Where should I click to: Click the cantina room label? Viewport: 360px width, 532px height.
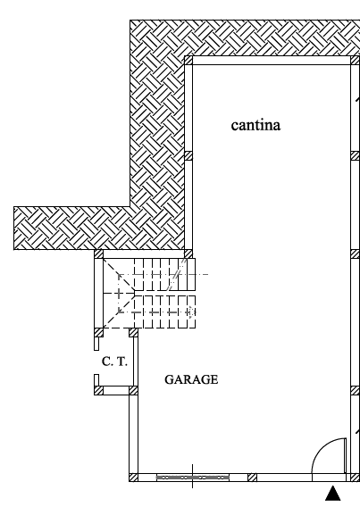255,125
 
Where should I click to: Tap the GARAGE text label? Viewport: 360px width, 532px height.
191,379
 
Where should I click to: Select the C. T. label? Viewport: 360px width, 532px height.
114,362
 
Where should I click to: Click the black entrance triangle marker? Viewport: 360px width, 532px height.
333,494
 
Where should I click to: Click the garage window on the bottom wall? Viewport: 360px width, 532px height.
193,478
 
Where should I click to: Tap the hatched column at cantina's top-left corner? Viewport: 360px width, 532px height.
188,61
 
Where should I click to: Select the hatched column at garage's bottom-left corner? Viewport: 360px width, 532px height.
134,478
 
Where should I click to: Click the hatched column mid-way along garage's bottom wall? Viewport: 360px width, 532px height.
252,478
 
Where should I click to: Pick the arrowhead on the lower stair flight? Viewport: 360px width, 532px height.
192,312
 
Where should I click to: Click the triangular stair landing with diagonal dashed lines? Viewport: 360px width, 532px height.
119,294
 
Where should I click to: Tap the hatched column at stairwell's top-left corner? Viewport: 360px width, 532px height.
98,254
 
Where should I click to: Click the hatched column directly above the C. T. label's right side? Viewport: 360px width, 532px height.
133,332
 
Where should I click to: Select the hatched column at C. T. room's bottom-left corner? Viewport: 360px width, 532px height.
98,390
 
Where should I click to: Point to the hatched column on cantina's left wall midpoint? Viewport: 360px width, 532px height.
188,155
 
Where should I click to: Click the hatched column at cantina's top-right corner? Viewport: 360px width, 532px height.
356,61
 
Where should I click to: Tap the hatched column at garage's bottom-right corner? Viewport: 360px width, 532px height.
356,478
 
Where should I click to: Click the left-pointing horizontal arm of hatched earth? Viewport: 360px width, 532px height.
72,228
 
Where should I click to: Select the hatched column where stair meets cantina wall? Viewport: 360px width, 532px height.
188,254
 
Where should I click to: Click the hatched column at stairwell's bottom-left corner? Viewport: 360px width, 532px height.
98,332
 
